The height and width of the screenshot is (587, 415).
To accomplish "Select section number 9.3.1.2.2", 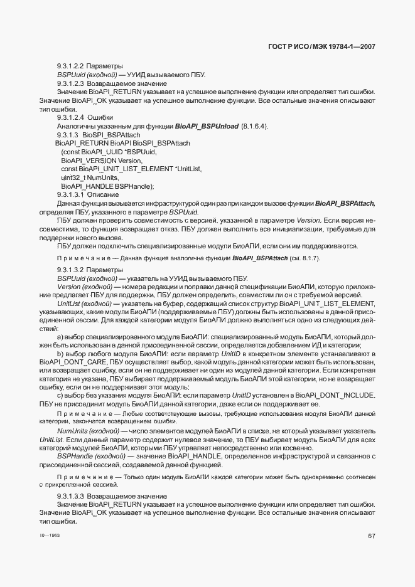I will (x=70, y=66).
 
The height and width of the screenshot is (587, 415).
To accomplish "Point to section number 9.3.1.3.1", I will (x=70, y=195).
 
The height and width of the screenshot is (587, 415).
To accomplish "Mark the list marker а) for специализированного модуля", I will (x=60, y=337).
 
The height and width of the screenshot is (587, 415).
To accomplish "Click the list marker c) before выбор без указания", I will (x=60, y=395).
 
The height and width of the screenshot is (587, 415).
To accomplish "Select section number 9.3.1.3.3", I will (x=70, y=496).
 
